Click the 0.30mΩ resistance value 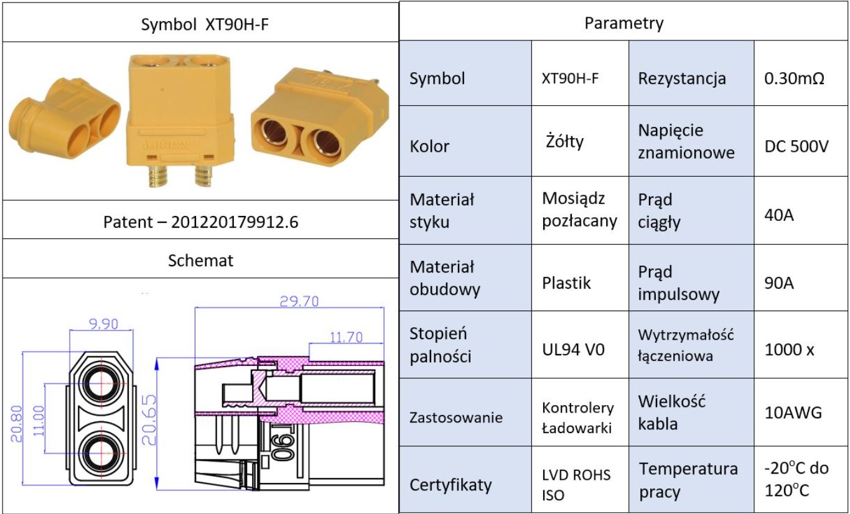click(794, 78)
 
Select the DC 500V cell click(796, 146)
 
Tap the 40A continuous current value click(778, 215)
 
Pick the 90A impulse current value click(778, 283)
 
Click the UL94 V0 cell click(573, 350)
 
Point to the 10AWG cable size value click(793, 413)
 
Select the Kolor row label click(429, 146)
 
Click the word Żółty click(564, 141)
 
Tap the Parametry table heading click(624, 23)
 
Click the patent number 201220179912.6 click(235, 222)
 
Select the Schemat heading click(200, 260)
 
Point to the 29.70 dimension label click(299, 301)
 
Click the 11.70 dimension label click(346, 337)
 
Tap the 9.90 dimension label click(103, 324)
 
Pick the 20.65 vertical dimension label click(149, 420)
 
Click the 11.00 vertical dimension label click(39, 421)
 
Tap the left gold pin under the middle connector click(157, 176)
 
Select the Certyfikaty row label click(451, 485)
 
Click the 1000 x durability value click(789, 350)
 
